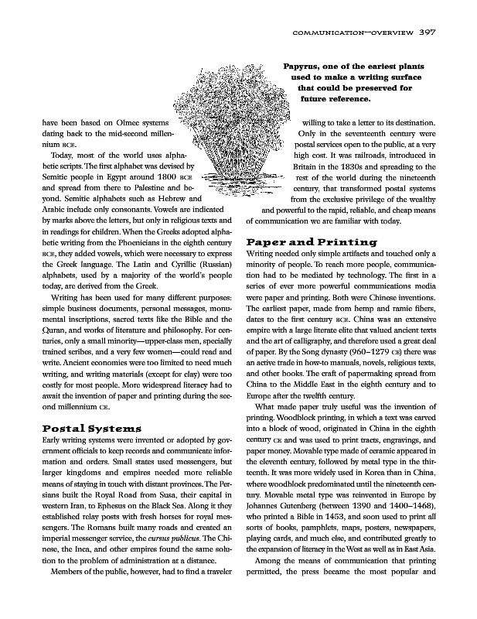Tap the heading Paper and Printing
312,242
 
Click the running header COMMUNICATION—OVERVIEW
351,32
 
